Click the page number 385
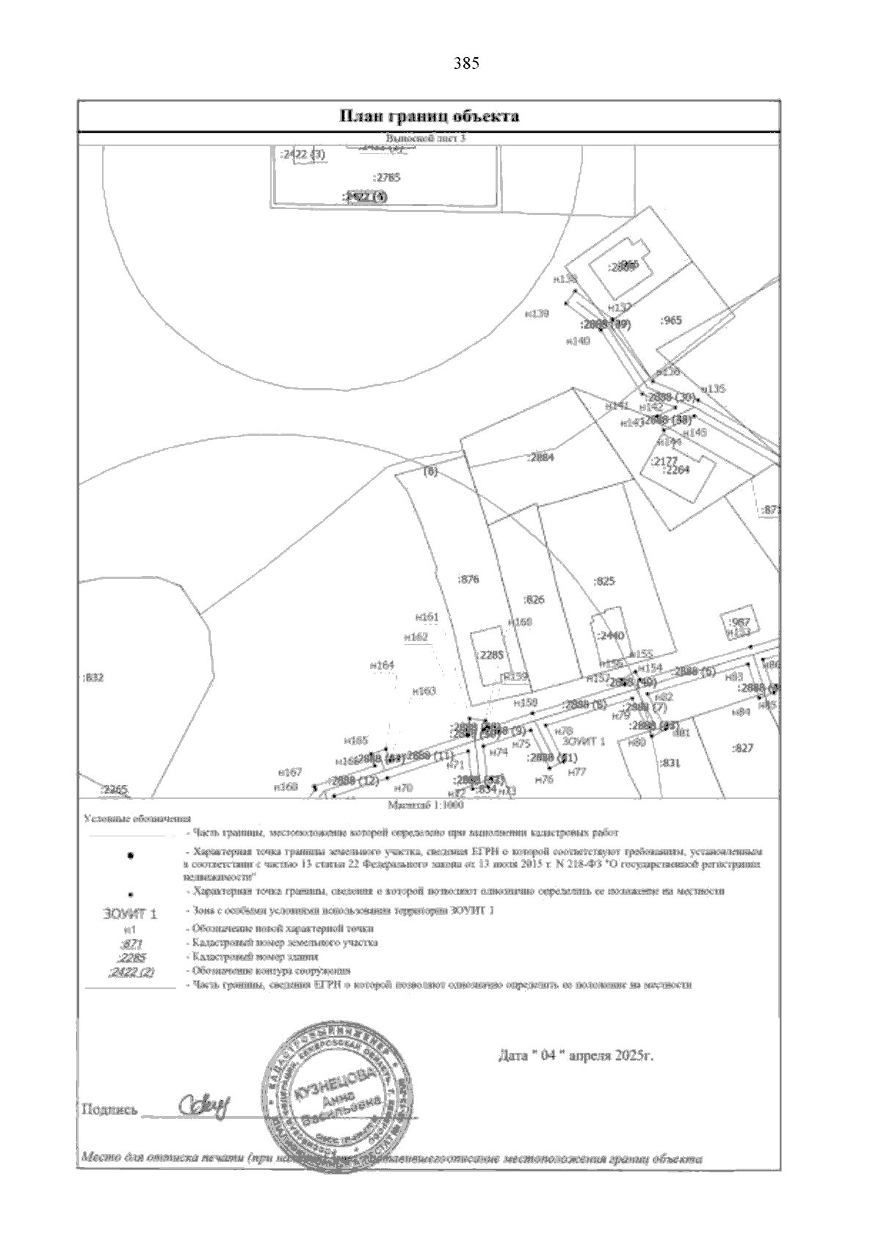click(466, 63)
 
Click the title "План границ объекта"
click(429, 116)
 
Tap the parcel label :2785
click(386, 178)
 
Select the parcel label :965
click(671, 320)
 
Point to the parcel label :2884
click(541, 458)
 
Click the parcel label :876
click(468, 579)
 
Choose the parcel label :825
click(603, 581)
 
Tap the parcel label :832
click(93, 677)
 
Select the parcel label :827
click(743, 748)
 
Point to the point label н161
click(427, 617)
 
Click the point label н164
click(382, 665)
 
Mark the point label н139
click(537, 313)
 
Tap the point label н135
click(713, 389)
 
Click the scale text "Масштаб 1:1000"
click(429, 804)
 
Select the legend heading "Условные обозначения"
click(137, 818)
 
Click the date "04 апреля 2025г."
click(576, 1056)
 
